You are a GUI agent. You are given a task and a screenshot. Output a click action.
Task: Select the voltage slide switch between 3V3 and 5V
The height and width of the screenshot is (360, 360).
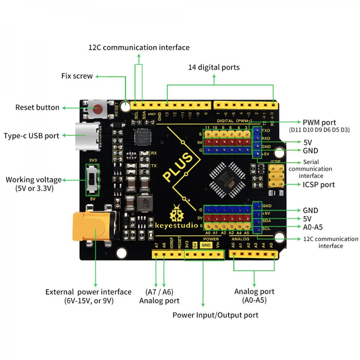pos(92,179)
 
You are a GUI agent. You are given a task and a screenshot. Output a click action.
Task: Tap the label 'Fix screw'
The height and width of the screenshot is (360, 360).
pos(77,76)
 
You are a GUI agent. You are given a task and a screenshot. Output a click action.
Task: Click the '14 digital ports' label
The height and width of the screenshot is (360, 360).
pos(214,67)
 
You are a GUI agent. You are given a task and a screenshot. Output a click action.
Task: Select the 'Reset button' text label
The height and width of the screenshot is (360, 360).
pos(37,108)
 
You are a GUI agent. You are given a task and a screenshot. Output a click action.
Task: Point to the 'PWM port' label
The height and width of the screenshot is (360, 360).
pos(319,122)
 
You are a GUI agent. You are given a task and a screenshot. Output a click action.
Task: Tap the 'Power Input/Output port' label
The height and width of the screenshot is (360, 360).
pos(216,315)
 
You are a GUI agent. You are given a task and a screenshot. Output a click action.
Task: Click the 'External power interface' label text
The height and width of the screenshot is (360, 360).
pos(88,292)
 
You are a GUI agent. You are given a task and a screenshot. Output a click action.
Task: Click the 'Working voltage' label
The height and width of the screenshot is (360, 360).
pos(34,180)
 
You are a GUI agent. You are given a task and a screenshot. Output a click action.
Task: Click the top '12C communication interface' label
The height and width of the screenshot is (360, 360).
pos(139,48)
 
